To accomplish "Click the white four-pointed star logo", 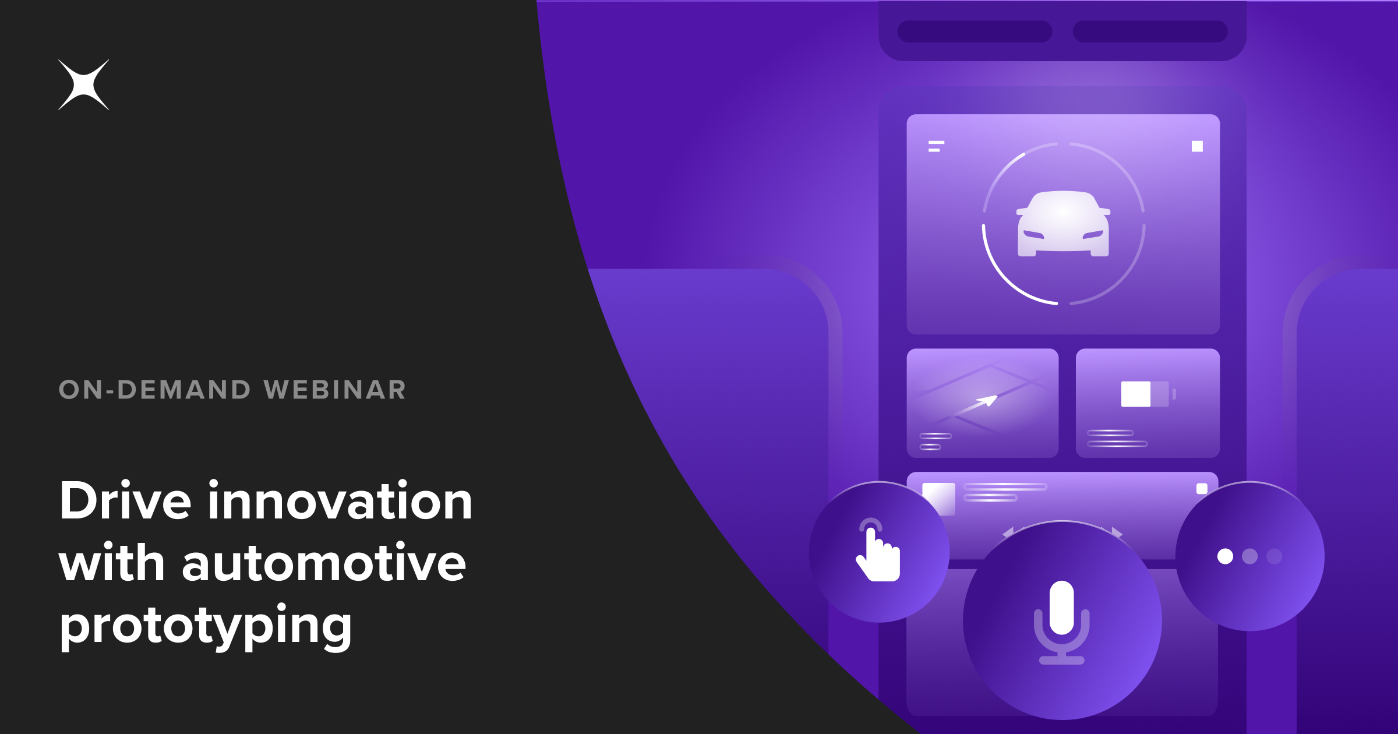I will click(83, 85).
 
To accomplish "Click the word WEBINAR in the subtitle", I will click(335, 390).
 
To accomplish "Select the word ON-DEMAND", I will click(155, 390).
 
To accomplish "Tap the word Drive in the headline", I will click(125, 501).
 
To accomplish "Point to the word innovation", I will click(340, 501).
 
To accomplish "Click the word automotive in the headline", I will click(324, 563).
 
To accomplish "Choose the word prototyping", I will click(206, 626).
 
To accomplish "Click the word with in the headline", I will click(112, 563).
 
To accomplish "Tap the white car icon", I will click(1063, 224).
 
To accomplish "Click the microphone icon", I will click(1062, 621).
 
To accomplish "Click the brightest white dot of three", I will click(1225, 556).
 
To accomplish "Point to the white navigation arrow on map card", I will click(987, 401).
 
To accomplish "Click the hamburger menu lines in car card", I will click(935, 146).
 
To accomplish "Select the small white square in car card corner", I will click(1197, 146).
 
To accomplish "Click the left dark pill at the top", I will click(975, 31).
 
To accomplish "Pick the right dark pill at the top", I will click(1150, 31).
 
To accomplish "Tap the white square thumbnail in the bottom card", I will click(939, 499).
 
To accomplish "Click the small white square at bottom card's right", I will click(1202, 489).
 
